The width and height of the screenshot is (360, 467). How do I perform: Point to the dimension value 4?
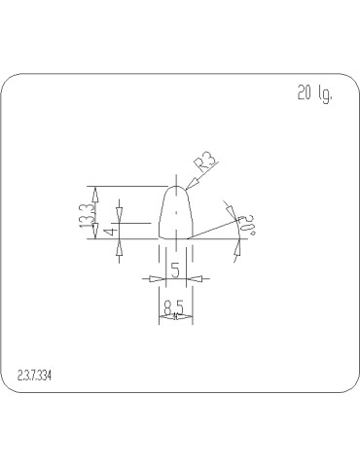(x=113, y=230)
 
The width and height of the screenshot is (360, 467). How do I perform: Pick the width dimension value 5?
(x=175, y=269)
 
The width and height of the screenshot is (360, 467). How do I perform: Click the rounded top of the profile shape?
(x=175, y=189)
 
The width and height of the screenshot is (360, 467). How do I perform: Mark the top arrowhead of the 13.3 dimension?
(x=95, y=191)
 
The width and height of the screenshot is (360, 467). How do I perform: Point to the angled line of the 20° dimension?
(x=214, y=230)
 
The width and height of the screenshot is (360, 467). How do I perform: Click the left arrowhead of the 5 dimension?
(x=154, y=279)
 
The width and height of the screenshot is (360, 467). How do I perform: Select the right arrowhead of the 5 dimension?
(x=196, y=279)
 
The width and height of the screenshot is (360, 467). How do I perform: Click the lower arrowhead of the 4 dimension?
(x=119, y=244)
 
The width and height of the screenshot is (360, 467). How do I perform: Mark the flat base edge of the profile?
(x=175, y=238)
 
